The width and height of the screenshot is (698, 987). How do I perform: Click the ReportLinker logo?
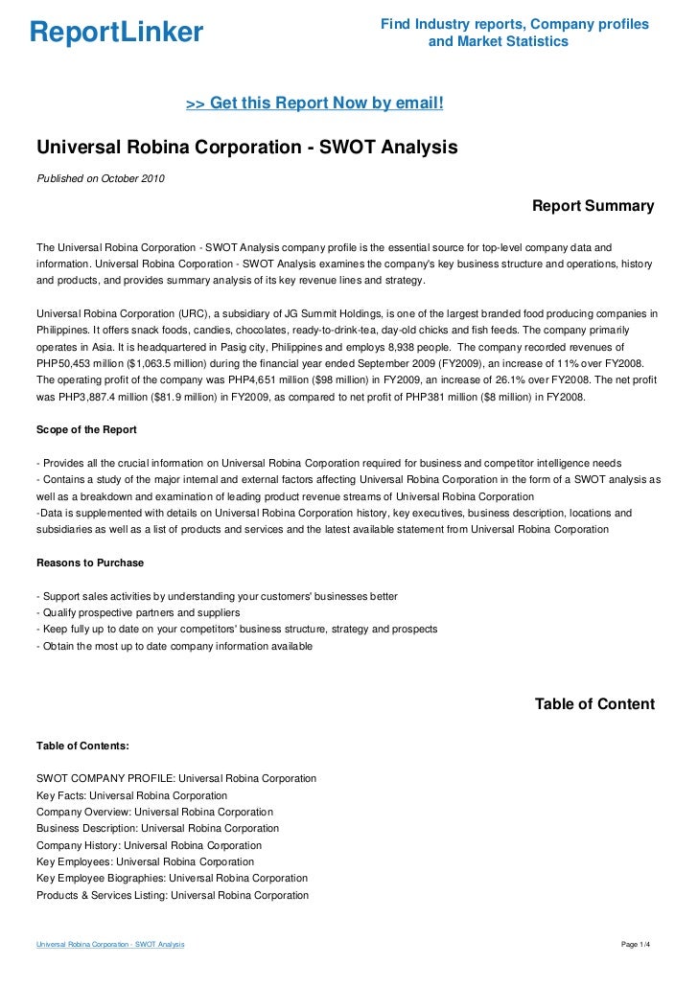click(116, 34)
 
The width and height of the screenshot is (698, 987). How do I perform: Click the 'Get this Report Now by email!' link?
click(314, 102)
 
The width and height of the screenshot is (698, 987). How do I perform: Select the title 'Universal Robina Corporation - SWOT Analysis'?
click(247, 149)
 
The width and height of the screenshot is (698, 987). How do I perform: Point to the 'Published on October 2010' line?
click(101, 177)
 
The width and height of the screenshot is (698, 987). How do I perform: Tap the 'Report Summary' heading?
click(593, 206)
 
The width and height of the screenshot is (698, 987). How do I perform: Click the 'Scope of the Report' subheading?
click(86, 428)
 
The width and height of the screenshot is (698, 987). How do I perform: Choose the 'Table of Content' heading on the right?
click(594, 704)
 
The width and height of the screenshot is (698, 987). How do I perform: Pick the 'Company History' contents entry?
click(149, 845)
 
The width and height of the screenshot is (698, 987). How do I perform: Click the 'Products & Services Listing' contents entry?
click(173, 895)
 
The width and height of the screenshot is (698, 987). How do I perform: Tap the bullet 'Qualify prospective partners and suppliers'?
click(139, 612)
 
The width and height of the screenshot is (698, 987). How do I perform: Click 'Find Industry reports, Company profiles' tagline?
click(515, 23)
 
